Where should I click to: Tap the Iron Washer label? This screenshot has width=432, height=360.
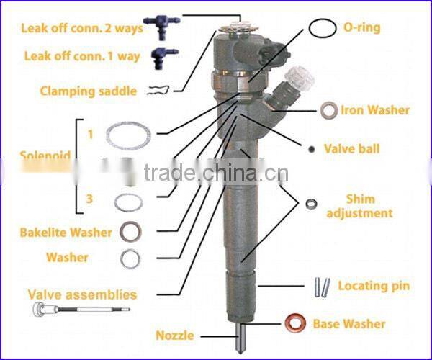[x=375, y=110]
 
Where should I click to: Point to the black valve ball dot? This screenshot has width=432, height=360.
[x=310, y=149]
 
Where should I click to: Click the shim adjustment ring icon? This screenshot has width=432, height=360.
[x=311, y=203]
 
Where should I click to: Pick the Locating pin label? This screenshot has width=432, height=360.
[x=374, y=286]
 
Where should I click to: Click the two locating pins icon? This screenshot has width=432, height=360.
[x=320, y=286]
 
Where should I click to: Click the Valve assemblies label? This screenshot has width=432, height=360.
[x=82, y=294]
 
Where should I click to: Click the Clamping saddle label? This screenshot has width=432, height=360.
[x=78, y=91]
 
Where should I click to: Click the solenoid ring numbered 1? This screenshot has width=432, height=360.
[x=130, y=134]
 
